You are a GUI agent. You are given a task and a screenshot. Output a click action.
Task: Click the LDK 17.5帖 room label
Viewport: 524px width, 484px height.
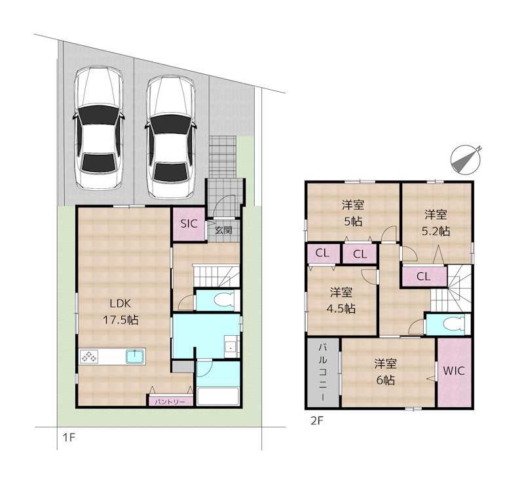[121, 312]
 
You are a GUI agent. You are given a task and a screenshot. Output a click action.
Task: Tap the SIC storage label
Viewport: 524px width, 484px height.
[189, 224]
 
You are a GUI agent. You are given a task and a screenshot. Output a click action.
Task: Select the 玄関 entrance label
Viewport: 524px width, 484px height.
[223, 230]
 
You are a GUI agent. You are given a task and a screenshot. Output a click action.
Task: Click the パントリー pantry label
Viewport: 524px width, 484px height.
[170, 401]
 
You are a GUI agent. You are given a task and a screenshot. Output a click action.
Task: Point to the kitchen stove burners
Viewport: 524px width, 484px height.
[89, 357]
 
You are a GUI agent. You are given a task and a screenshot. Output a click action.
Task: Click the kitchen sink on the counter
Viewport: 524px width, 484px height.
[136, 357]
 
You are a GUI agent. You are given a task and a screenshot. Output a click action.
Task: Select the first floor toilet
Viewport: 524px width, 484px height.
[225, 300]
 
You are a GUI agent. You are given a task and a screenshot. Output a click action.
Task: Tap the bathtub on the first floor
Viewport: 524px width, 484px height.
[218, 397]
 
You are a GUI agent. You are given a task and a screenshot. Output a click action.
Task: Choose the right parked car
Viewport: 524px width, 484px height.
[170, 136]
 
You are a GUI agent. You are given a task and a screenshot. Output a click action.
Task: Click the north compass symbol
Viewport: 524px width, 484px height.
[466, 159]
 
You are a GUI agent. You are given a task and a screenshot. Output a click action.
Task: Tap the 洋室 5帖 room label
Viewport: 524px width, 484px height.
[353, 213]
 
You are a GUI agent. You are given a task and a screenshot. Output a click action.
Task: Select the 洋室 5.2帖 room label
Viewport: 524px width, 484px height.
[436, 222]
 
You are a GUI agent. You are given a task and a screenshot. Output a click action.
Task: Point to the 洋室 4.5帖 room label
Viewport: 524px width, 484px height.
[341, 300]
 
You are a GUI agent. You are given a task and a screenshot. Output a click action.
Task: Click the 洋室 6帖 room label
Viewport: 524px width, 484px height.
[385, 372]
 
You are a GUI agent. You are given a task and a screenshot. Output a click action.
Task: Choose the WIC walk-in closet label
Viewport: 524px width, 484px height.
[454, 371]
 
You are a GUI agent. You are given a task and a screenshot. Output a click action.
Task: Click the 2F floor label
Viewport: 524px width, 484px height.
[317, 421]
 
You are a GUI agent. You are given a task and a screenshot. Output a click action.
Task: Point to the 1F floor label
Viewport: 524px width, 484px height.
[69, 438]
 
